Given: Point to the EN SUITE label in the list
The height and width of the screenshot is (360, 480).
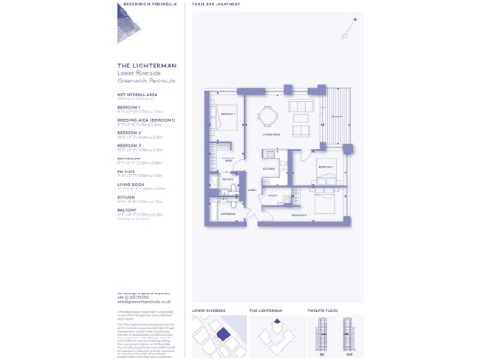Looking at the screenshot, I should [128, 172].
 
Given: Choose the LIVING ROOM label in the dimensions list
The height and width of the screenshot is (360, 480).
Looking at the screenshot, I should [132, 185].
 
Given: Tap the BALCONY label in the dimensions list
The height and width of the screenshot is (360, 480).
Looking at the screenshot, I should [127, 211].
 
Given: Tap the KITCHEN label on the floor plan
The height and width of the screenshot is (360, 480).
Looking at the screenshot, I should [268, 169].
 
